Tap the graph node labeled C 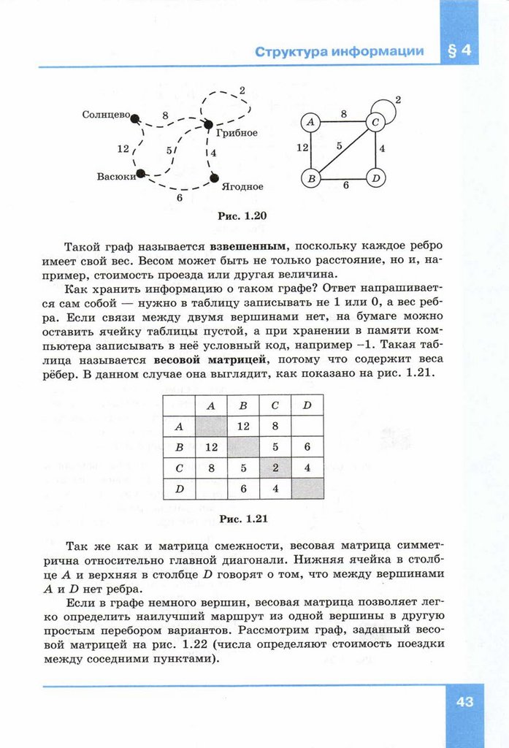(x=375, y=122)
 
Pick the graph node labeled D (x=375, y=178)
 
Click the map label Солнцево (x=106, y=115)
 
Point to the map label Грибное (x=237, y=133)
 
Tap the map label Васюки (x=116, y=177)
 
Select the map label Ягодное (x=242, y=187)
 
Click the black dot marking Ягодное (x=214, y=178)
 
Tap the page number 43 (x=464, y=702)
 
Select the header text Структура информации (x=339, y=51)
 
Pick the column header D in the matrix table (x=307, y=405)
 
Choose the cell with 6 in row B (x=307, y=446)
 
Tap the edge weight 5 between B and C (x=340, y=145)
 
